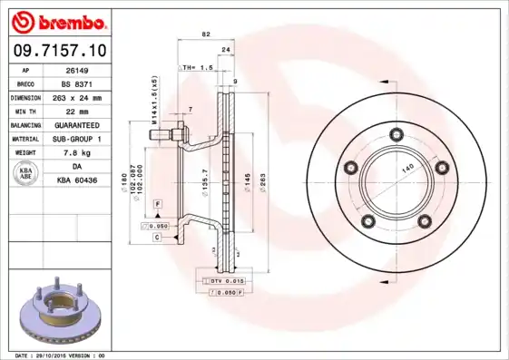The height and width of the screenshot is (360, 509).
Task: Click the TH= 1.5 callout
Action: click(197, 68)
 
